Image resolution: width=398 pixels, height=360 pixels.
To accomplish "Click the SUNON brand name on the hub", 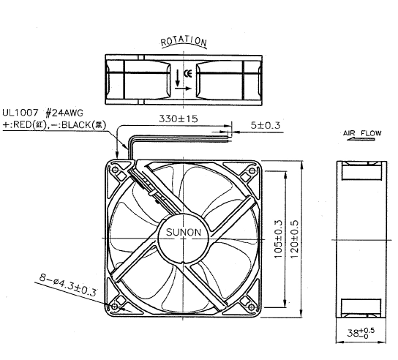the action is point(184,232).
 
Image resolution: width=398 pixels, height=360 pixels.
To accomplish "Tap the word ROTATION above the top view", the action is point(184,41).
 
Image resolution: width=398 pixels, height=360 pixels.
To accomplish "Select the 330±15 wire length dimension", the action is point(179,119).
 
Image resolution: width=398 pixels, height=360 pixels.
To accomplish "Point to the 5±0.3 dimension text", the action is point(266,125).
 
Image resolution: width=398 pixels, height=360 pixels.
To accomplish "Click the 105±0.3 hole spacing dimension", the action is point(279,239).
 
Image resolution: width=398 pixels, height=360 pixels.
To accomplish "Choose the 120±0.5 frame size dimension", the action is point(294,239).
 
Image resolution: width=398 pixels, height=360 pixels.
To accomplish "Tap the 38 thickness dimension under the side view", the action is point(361,333).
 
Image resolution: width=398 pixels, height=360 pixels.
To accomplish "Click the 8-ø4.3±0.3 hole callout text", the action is point(68,285).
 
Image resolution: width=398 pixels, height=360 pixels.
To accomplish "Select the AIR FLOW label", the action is point(362,133).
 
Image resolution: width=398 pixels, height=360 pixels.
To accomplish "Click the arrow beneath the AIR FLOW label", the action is point(361,139).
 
